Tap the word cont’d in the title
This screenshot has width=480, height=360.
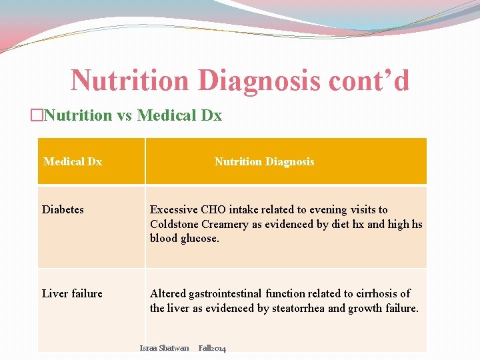369,81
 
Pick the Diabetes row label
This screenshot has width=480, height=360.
63,209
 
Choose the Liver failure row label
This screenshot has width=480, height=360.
72,293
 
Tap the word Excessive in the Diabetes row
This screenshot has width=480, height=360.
174,209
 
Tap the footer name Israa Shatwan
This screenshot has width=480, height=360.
164,348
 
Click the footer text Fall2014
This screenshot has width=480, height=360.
212,348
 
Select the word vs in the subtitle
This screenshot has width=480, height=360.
125,115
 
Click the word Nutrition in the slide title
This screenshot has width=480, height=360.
130,81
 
